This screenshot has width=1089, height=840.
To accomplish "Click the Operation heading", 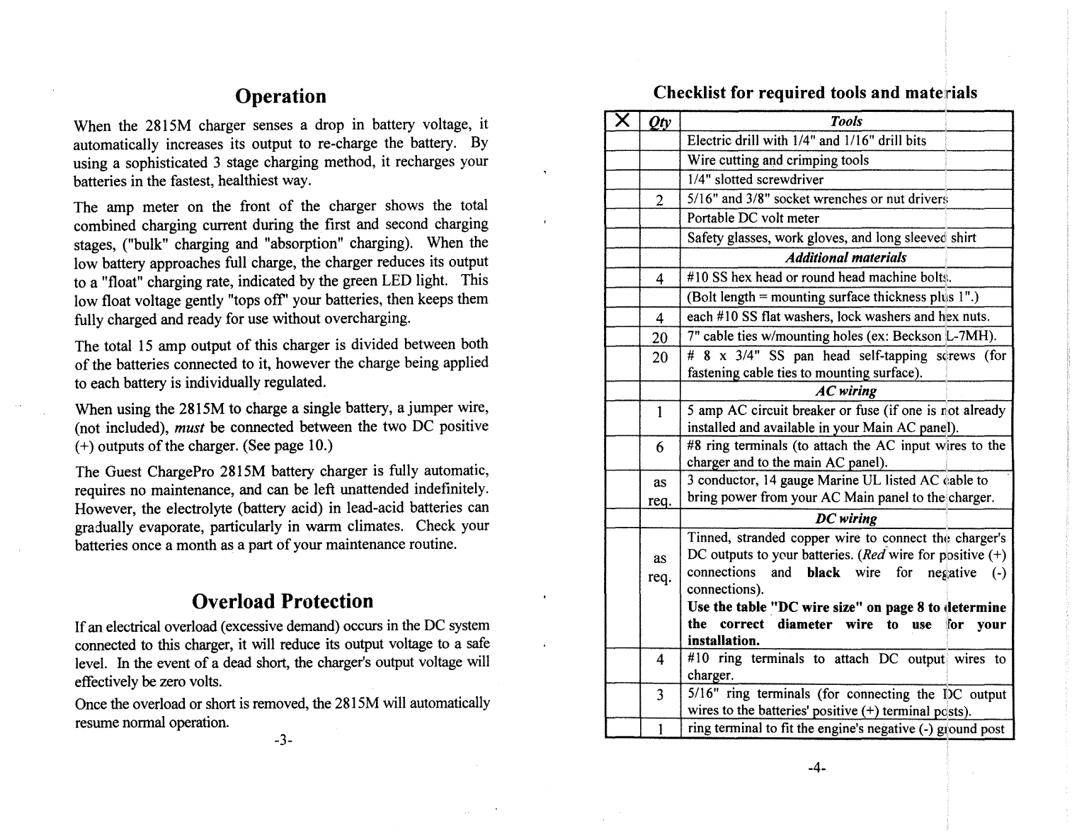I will (x=280, y=96).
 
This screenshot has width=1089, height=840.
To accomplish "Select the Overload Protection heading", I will (x=282, y=601).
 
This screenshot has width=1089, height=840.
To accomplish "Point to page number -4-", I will (x=816, y=768).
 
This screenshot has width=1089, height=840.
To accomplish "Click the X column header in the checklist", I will (x=622, y=121).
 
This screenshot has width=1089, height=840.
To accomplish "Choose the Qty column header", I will (x=659, y=122).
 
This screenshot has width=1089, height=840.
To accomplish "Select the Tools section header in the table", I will (x=846, y=121).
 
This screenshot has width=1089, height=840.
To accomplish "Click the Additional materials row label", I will (x=845, y=258).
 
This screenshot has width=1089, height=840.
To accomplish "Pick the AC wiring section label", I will (x=845, y=391).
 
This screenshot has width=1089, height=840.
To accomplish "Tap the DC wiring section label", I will (x=845, y=518).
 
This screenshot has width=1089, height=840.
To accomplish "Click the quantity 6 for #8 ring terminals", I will (x=659, y=447).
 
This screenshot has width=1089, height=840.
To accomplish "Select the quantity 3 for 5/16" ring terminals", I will (x=659, y=696).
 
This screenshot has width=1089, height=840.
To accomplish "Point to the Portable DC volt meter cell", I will (x=753, y=219).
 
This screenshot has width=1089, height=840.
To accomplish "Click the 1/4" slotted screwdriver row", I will (x=755, y=180).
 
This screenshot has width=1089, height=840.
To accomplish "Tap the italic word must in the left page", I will (x=190, y=427).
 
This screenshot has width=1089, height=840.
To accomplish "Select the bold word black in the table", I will (x=823, y=572).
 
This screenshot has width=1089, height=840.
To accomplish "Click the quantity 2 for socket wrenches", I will (x=659, y=200).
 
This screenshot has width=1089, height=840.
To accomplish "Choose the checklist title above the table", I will (x=814, y=93).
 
